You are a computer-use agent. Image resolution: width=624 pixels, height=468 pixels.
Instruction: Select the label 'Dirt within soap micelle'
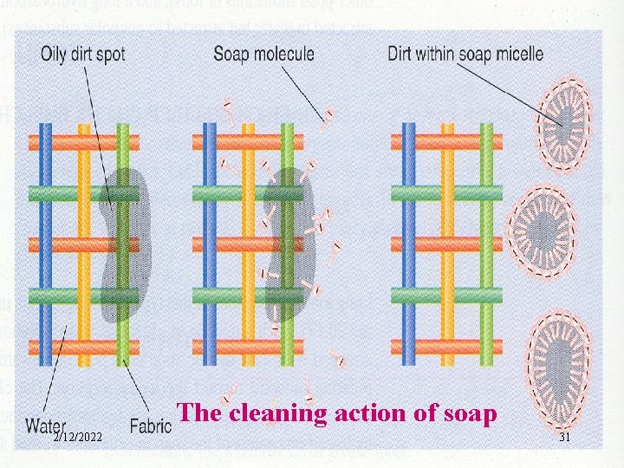(465, 54)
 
